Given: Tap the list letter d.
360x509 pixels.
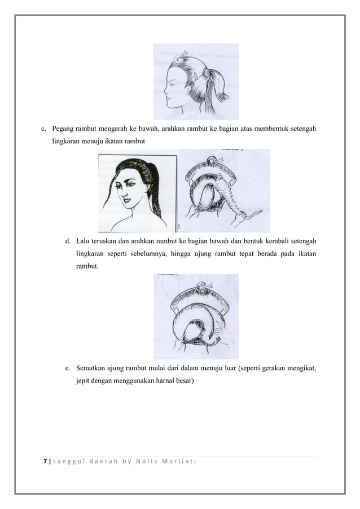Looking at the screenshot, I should (68, 242).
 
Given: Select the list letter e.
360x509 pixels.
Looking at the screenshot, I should (68, 369).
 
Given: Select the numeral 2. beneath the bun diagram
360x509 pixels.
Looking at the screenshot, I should (179, 227).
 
